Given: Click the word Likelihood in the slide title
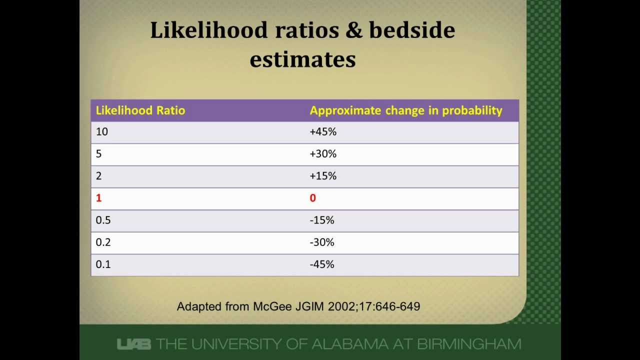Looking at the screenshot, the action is [209, 30].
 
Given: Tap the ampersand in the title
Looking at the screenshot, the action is [353, 30].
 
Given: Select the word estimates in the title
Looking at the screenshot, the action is [303, 59].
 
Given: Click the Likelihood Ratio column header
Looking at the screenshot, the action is [140, 110].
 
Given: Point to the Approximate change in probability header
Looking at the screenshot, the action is [406, 111].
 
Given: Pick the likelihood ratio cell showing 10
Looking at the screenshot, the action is [101, 131].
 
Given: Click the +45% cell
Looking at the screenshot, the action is [323, 131].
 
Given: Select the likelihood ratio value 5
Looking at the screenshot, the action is [98, 153].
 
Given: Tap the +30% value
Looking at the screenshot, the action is [323, 153].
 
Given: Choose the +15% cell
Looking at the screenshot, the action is [323, 175].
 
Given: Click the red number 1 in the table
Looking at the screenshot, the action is [99, 198].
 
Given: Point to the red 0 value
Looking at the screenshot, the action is [313, 198].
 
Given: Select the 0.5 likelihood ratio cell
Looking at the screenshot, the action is [103, 220].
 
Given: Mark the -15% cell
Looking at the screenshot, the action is [322, 220].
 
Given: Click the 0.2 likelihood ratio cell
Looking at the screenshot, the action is [103, 242].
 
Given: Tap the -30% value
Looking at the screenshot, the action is [322, 242].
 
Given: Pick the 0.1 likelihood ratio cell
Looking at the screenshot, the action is [103, 264].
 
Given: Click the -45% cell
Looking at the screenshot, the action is [322, 264].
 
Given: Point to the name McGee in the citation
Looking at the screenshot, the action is [272, 306].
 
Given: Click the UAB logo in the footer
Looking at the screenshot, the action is [133, 344].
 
